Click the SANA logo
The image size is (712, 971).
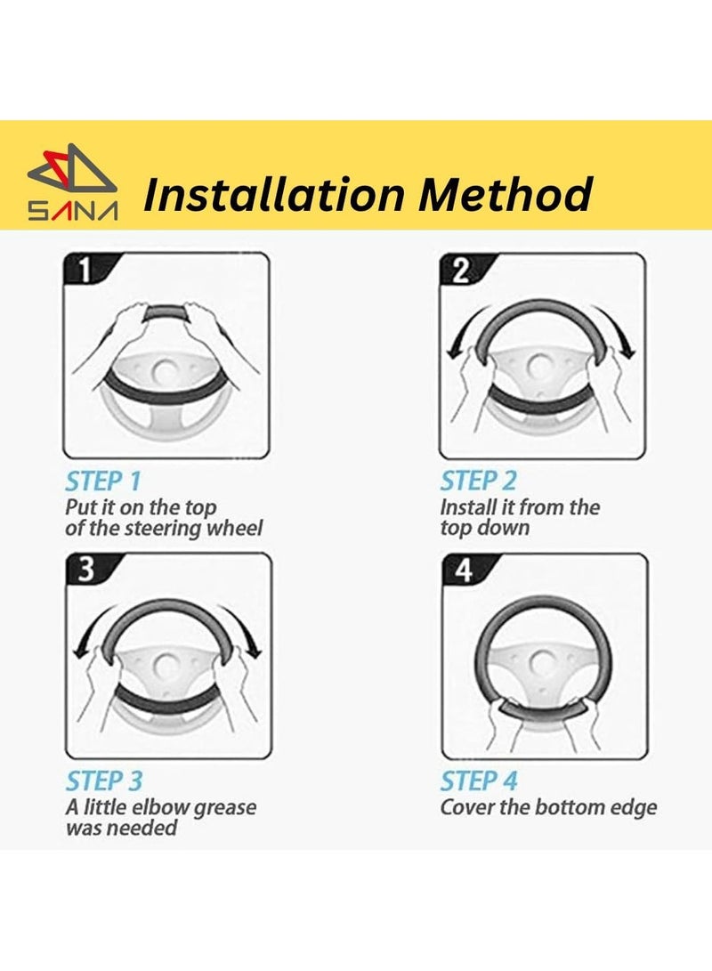click(72, 183)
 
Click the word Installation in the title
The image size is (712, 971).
click(273, 194)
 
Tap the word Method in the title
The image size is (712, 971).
click(506, 194)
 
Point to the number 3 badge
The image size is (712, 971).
click(86, 569)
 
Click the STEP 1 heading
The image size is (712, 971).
click(102, 481)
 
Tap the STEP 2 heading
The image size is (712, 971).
click(478, 481)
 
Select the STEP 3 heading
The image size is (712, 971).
click(104, 781)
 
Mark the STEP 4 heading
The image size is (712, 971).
click(479, 781)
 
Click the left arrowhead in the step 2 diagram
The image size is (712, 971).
click(454, 352)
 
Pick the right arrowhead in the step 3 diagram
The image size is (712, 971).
click(253, 651)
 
